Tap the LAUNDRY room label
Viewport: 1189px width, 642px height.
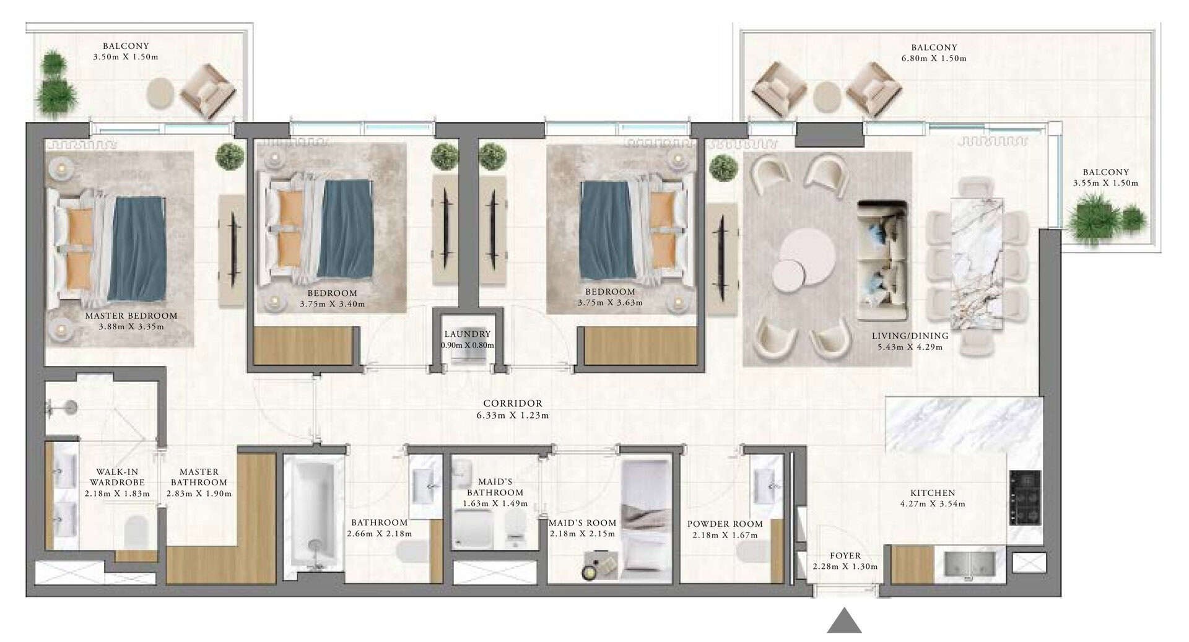(467, 334)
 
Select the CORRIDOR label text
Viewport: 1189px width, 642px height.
(513, 404)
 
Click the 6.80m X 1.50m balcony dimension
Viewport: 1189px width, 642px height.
(934, 58)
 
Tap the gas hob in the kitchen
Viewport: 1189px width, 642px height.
(1025, 498)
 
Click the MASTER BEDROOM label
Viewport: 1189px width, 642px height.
(131, 316)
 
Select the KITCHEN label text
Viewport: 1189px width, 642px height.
(933, 493)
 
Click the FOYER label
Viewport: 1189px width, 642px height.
(845, 556)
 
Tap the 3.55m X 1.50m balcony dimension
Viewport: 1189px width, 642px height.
(1105, 183)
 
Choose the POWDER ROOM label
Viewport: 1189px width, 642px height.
(725, 524)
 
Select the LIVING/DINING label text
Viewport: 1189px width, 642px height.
(910, 336)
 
